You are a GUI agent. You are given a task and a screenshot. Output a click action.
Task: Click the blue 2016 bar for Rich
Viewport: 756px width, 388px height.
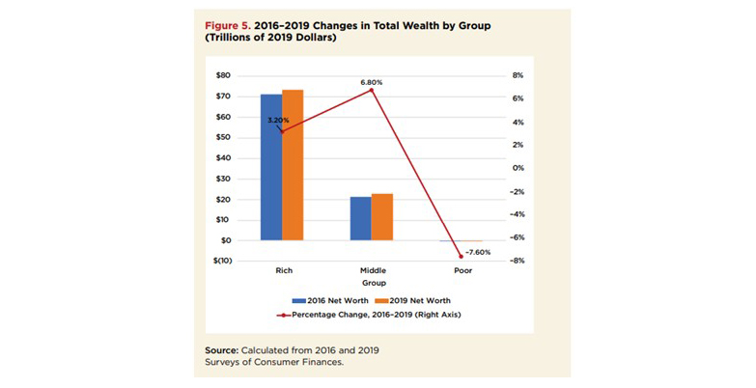(x=271, y=167)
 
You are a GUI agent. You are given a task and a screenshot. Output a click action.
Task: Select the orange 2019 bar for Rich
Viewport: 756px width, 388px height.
(x=292, y=165)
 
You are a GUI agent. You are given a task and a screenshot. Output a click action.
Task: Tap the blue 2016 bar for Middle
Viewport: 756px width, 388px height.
(x=360, y=218)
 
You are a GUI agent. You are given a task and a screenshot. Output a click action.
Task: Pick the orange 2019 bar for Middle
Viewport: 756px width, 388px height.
(x=381, y=216)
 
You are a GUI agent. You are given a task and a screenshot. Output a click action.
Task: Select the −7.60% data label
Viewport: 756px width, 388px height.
(x=477, y=252)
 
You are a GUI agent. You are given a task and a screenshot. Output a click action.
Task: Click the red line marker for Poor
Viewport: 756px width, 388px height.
(x=461, y=257)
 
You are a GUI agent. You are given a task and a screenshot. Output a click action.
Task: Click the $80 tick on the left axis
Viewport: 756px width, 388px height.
(x=223, y=75)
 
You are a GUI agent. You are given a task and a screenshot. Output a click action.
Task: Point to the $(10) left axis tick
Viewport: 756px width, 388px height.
(x=220, y=261)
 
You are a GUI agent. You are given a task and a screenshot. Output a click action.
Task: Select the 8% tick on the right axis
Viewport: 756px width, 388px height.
(x=517, y=75)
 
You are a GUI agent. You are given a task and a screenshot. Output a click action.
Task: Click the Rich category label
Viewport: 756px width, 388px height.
(x=283, y=272)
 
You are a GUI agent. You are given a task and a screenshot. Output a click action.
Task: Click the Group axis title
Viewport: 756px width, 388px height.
(x=373, y=284)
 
